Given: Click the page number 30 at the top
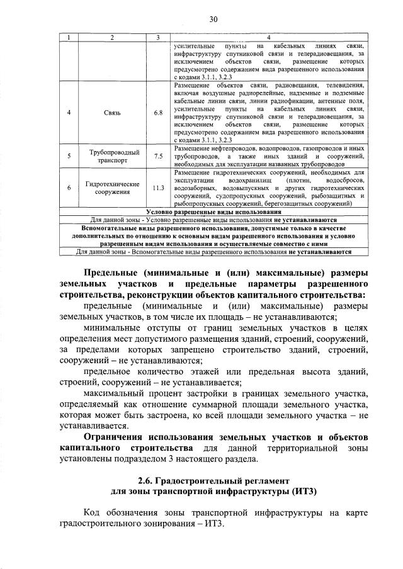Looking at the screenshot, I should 213,20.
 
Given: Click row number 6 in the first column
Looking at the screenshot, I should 69,188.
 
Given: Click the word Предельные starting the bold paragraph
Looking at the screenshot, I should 111,272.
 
